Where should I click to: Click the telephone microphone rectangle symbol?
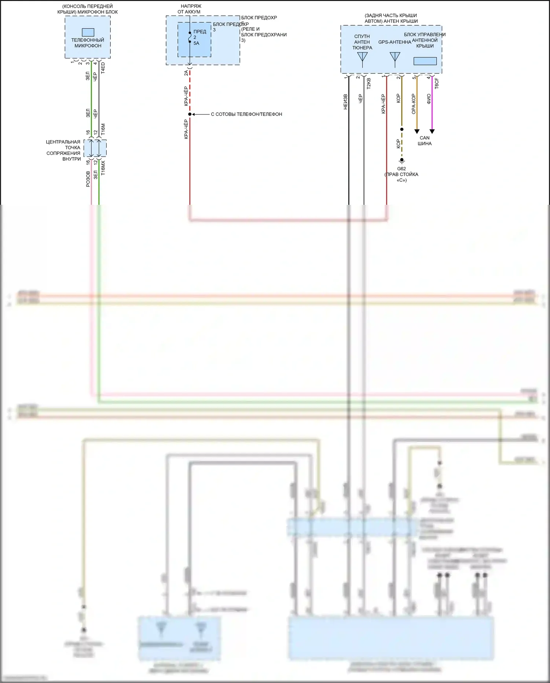(x=88, y=32)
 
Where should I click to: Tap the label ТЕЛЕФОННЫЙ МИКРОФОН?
(x=88, y=43)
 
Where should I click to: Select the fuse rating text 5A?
(x=196, y=43)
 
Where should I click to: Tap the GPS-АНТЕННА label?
(x=395, y=42)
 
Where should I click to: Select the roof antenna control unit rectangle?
(x=425, y=61)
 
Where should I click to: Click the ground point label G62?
(x=401, y=169)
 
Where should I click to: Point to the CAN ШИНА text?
(x=425, y=141)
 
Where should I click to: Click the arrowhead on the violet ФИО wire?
(x=432, y=131)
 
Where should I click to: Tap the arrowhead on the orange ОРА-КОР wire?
(x=417, y=131)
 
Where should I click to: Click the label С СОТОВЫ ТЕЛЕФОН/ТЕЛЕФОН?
(x=246, y=114)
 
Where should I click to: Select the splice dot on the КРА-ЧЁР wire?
(x=190, y=114)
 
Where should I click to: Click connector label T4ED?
(x=103, y=68)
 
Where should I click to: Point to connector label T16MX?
(x=103, y=167)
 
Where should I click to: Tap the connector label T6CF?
(x=437, y=83)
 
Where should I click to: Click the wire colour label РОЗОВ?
(x=88, y=179)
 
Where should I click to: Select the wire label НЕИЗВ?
(x=345, y=102)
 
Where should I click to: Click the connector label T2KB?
(x=369, y=83)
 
